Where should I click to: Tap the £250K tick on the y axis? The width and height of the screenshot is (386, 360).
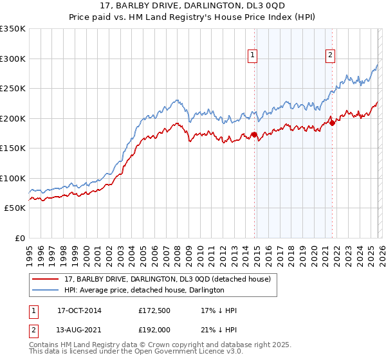[13, 88]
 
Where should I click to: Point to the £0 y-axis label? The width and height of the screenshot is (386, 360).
[19, 238]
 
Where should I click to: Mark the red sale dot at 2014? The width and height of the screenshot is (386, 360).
[254, 135]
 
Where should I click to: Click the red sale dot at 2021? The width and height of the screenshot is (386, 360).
[332, 123]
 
